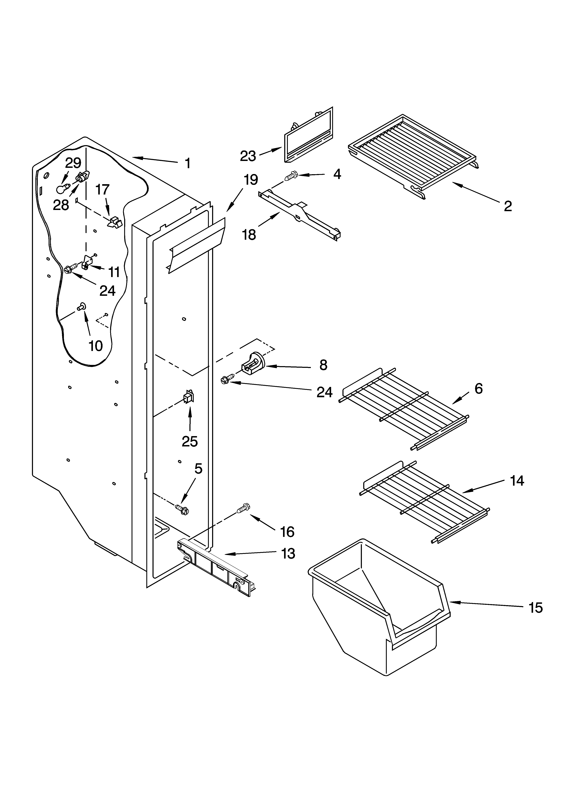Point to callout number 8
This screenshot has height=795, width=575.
tap(323, 365)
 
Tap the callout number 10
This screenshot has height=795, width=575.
tap(95, 346)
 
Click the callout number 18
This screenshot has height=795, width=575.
tap(249, 235)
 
